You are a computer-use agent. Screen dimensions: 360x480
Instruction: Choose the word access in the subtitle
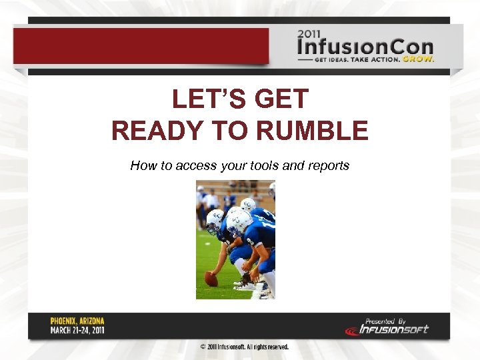pyautogui.click(x=197, y=165)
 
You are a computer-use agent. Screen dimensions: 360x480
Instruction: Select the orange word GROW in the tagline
pyautogui.click(x=418, y=59)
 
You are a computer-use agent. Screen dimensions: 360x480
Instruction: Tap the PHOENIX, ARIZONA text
pyautogui.click(x=77, y=321)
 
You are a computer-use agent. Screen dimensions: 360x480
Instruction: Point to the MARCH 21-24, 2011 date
pyautogui.click(x=77, y=330)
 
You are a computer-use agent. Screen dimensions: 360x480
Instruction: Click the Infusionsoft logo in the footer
pyautogui.click(x=393, y=329)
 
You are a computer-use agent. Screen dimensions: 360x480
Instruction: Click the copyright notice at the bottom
pyautogui.click(x=244, y=347)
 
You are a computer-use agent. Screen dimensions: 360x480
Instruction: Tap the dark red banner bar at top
pyautogui.click(x=140, y=46)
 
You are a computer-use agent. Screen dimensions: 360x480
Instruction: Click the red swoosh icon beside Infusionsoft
pyautogui.click(x=352, y=330)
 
